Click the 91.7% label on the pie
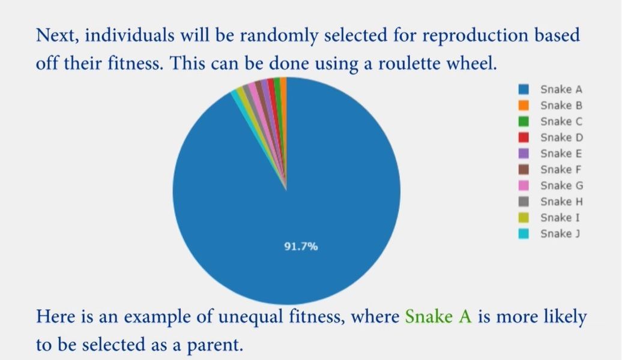(x=301, y=247)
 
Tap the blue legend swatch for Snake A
(x=524, y=89)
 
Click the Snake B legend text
(x=561, y=106)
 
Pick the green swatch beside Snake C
(x=524, y=121)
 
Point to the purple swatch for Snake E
(x=524, y=154)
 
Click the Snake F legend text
(x=561, y=170)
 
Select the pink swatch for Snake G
(x=524, y=185)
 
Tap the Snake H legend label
(x=562, y=202)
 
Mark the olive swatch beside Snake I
(x=524, y=218)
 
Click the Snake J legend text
(x=560, y=234)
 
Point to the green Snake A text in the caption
(x=438, y=316)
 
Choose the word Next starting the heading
(x=58, y=35)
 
